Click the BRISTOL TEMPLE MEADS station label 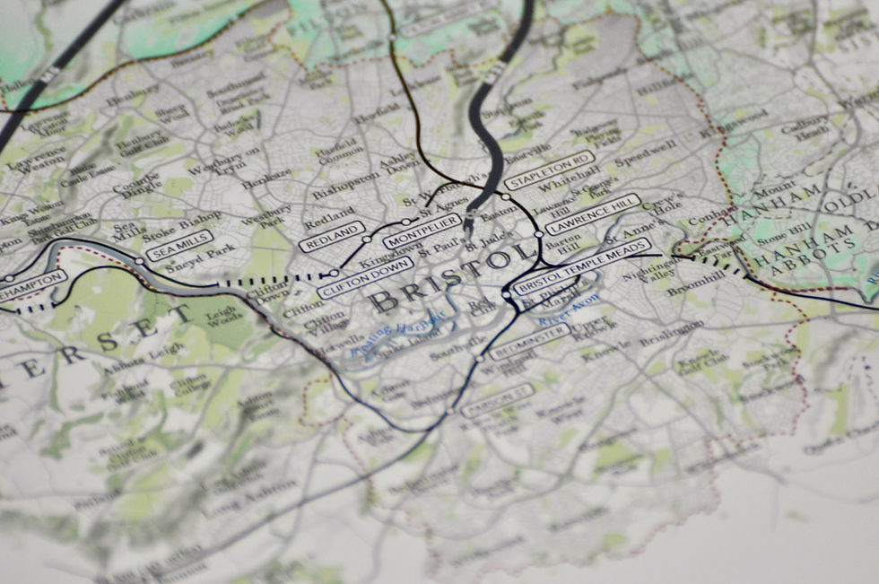(x=584, y=272)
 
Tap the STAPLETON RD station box (x=550, y=172)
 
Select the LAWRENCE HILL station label (x=593, y=214)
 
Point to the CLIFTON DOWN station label (x=365, y=277)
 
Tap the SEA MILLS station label (x=179, y=244)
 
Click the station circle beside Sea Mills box (x=139, y=261)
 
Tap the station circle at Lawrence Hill (x=538, y=234)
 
